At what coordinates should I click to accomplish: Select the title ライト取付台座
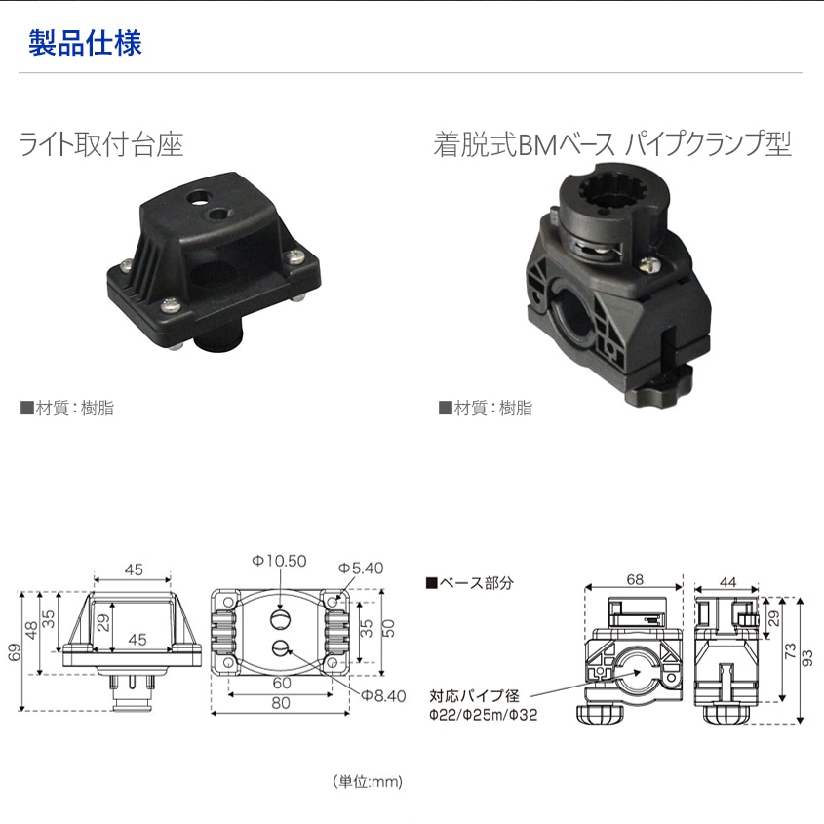(101, 146)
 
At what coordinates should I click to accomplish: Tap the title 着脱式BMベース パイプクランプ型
(611, 146)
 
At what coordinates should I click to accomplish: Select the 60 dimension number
(281, 684)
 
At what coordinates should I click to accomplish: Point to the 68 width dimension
(635, 578)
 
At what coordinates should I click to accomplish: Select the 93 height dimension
(807, 658)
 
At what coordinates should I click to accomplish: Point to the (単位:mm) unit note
(367, 781)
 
